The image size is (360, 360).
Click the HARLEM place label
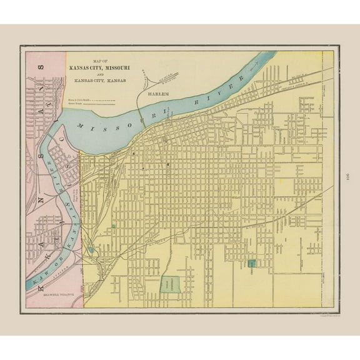point(159,94)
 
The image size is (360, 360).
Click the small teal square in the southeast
point(252,265)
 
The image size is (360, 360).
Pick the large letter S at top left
point(42,67)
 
